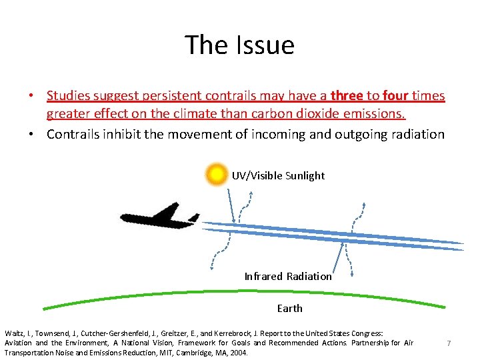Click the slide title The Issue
[239, 45]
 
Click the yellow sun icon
[217, 175]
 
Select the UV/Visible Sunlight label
[278, 175]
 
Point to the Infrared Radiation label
[287, 276]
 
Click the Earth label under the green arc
[289, 308]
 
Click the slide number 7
[449, 343]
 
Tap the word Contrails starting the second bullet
[74, 134]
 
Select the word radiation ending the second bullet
[413, 134]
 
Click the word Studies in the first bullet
[69, 96]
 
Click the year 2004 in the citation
[237, 353]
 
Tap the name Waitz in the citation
[14, 332]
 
